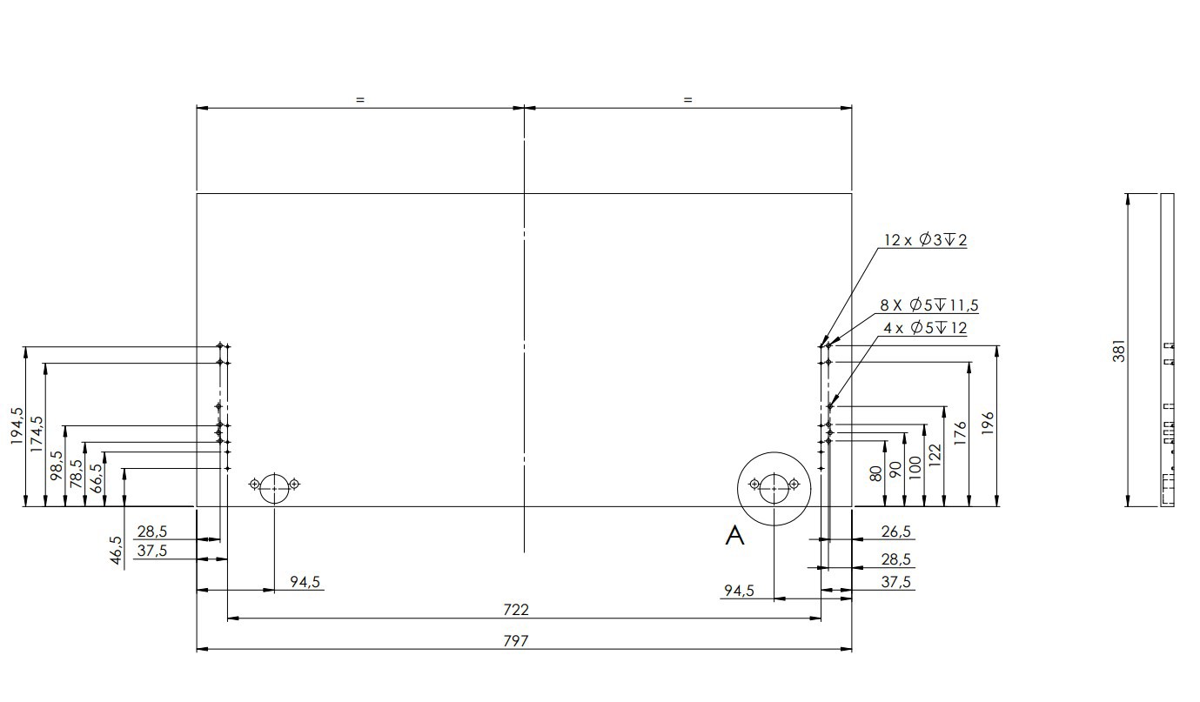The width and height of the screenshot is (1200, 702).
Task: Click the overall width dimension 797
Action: [515, 640]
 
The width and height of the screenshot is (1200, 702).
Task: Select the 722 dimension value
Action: [516, 610]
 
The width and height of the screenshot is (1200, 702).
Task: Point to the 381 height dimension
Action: [1119, 351]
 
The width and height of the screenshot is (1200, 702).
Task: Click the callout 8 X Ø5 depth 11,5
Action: [929, 305]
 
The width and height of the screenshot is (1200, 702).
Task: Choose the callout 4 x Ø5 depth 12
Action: [925, 328]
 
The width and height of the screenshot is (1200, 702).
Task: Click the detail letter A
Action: [734, 535]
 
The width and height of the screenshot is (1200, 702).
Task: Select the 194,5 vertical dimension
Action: [17, 425]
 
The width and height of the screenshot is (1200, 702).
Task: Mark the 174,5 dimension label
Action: [37, 434]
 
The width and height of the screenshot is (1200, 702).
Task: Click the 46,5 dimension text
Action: [117, 551]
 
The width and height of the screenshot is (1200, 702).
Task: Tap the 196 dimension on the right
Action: [989, 423]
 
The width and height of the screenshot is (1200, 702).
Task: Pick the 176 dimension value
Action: [960, 433]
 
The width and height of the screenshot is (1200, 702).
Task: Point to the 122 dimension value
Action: [935, 456]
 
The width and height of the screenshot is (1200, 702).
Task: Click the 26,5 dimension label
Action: [896, 532]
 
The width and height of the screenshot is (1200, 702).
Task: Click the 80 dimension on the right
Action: [875, 473]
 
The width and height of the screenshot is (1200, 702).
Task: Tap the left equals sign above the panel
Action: [360, 99]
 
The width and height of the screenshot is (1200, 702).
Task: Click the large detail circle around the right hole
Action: [774, 452]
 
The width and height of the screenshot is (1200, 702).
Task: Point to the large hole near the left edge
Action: [274, 474]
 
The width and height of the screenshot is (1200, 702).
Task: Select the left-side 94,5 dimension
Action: [305, 581]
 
